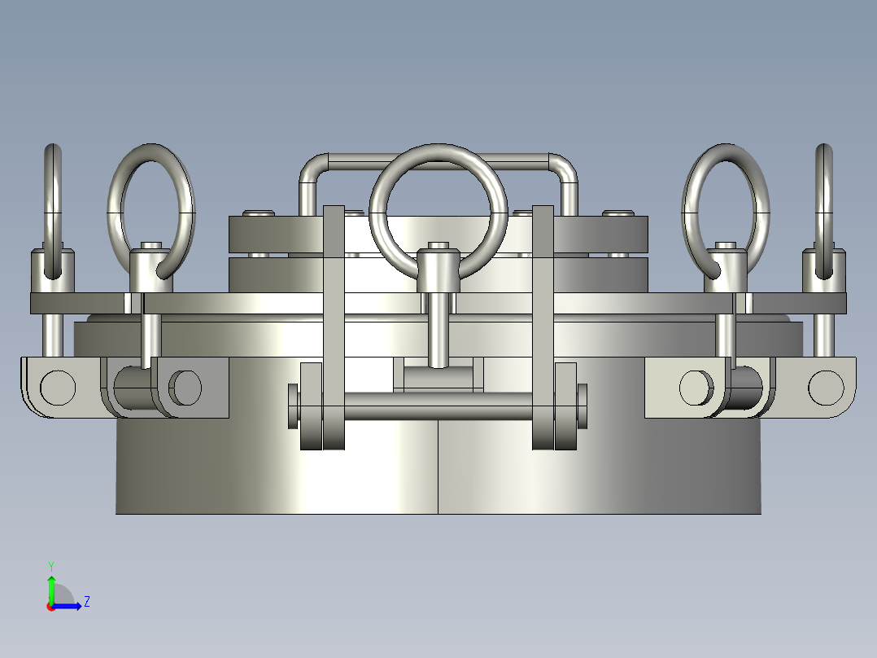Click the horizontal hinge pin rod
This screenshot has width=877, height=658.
439,406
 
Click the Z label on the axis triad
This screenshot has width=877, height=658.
86,602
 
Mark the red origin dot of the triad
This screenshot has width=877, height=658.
50,607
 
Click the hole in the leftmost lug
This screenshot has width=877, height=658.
58,388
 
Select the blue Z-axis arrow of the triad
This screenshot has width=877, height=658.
70,606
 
